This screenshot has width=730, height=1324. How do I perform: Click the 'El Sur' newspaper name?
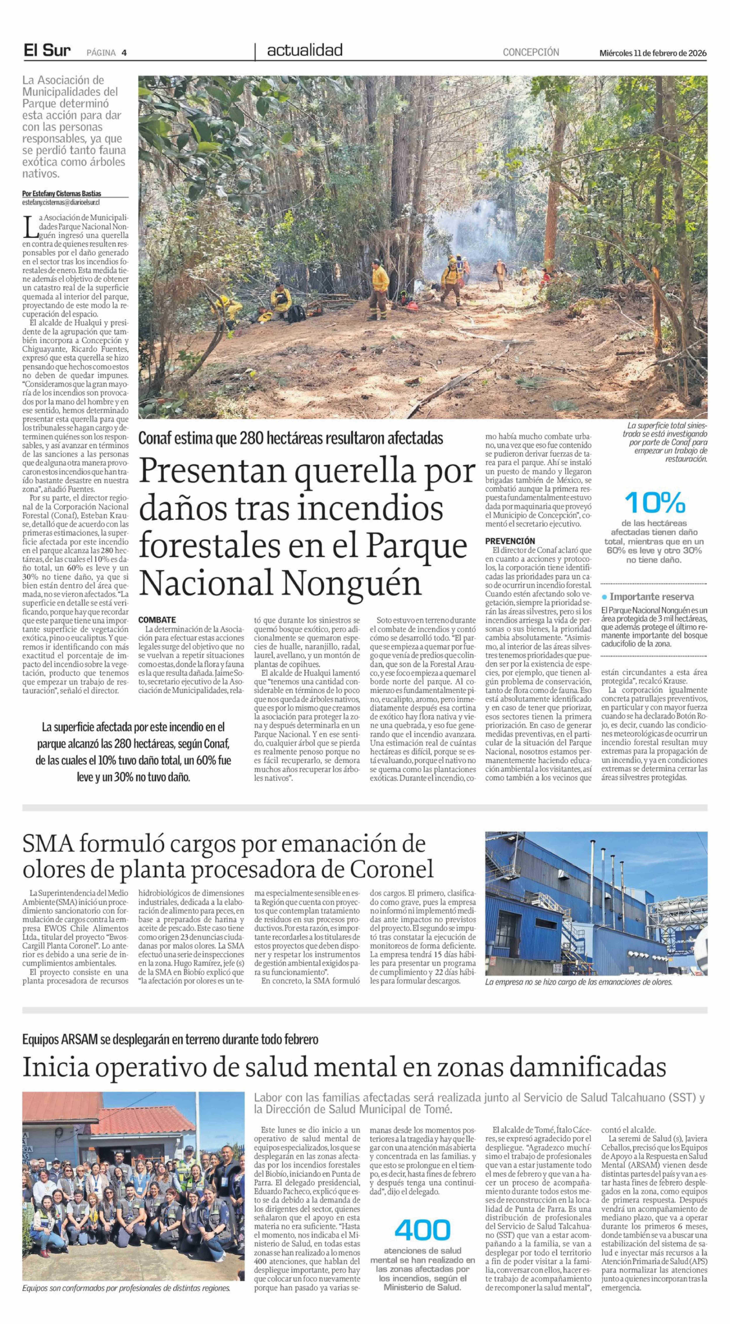[47, 51]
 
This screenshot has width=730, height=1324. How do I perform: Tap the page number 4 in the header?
[124, 52]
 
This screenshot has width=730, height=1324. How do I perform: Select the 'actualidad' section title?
[305, 50]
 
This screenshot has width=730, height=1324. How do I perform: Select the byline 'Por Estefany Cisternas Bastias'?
[62, 194]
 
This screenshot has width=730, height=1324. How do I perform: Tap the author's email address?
[61, 202]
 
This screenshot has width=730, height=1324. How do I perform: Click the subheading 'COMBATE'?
[157, 620]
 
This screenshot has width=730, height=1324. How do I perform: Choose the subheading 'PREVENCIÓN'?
[510, 541]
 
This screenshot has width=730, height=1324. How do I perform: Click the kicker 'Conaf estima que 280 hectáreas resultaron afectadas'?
[291, 438]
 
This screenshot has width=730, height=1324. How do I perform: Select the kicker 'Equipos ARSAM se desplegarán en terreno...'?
[170, 1039]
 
